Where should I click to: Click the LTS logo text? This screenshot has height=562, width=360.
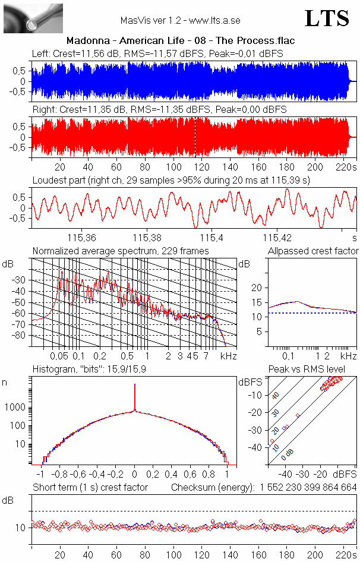(327, 18)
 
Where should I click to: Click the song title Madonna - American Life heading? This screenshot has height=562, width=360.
(181, 40)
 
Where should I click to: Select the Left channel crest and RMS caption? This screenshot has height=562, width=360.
(157, 54)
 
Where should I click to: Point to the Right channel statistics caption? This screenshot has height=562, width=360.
(159, 110)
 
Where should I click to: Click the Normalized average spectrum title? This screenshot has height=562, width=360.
(121, 251)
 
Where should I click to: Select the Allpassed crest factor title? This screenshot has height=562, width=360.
(313, 251)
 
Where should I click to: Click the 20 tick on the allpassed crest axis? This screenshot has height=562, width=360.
(257, 288)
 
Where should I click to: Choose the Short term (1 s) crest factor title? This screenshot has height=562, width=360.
(90, 487)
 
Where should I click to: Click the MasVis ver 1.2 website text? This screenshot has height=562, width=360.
(180, 21)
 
